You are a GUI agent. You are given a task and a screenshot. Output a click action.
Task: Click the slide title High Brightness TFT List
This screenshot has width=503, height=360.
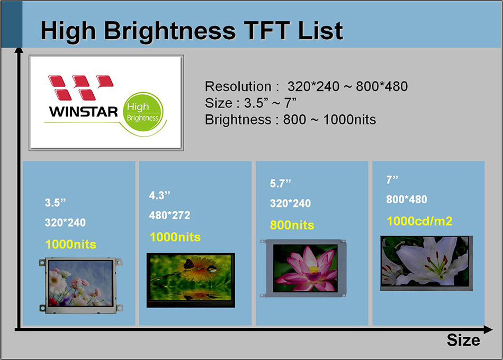click(x=191, y=31)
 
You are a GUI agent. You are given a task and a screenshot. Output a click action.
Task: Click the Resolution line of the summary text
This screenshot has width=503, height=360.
click(x=306, y=87)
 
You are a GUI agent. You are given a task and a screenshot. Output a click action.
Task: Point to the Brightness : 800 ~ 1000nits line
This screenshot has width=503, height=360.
click(x=290, y=120)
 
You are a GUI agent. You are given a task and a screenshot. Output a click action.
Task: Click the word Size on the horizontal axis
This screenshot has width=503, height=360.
click(x=463, y=340)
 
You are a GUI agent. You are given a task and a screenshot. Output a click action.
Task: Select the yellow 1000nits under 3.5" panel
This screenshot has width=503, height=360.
click(x=70, y=245)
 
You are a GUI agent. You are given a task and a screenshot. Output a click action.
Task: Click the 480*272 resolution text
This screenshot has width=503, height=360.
click(x=169, y=215)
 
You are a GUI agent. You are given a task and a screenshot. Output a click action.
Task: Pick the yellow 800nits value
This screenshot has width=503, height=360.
click(x=292, y=225)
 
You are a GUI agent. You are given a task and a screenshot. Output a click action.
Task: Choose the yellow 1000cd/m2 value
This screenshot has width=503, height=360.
click(x=419, y=221)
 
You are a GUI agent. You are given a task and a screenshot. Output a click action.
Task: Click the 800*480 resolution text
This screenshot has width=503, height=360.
click(x=407, y=200)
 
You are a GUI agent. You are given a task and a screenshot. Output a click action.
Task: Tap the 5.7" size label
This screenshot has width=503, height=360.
click(x=281, y=183)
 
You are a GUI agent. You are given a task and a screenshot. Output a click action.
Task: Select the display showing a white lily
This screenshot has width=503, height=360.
click(x=424, y=263)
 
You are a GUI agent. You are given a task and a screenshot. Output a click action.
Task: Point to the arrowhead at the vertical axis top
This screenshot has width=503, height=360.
click(x=19, y=49)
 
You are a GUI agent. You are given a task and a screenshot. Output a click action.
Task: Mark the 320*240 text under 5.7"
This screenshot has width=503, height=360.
click(x=290, y=204)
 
